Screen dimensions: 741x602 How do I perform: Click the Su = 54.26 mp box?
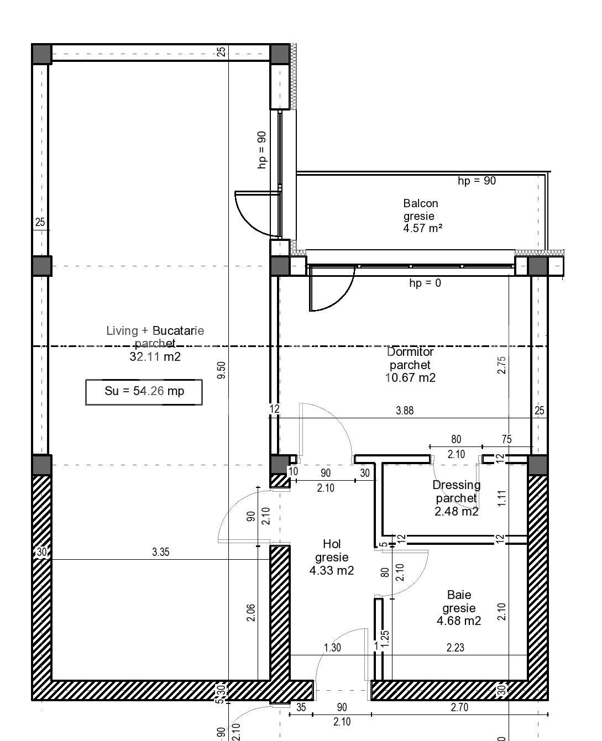coord(144,392)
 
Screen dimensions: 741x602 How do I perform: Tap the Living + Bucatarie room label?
coord(155,330)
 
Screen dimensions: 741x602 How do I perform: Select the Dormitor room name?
coord(410,351)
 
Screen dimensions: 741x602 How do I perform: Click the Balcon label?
coord(420,203)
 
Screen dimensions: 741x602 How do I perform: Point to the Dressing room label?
coord(456,485)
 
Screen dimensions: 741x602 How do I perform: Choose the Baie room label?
coord(459,595)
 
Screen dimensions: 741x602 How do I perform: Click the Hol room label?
coord(332,544)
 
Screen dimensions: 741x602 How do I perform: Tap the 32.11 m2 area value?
coord(155,357)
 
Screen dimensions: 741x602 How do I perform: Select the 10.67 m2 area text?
coord(410,378)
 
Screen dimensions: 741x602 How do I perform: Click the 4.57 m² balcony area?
coord(422,228)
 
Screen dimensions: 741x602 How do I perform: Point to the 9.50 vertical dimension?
coord(222,370)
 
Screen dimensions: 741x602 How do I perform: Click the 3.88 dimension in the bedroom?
coord(405,411)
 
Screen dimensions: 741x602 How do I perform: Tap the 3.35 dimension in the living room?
coord(160,552)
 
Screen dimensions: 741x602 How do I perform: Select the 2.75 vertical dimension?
coord(501,365)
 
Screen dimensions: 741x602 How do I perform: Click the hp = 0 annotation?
coord(425,283)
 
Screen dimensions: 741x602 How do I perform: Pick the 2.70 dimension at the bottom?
coord(460,707)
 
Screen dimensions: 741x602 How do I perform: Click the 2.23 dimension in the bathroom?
coord(455,648)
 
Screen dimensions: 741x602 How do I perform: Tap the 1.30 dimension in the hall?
coord(332,648)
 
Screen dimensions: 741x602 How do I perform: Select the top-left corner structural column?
coord(41,54)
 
